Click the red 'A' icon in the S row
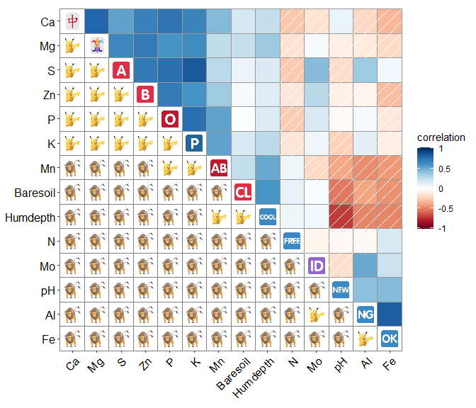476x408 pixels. (121, 70)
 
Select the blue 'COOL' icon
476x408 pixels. (268, 216)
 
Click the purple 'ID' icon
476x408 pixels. (317, 266)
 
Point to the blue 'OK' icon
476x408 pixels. (390, 338)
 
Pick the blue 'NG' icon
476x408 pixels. (365, 314)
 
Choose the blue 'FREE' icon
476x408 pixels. (292, 241)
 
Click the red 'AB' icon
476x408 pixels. (219, 168)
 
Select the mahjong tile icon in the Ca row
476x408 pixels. (72, 21)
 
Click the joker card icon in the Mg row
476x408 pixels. (97, 46)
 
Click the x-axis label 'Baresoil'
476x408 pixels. (234, 375)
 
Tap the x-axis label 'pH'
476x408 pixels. (341, 365)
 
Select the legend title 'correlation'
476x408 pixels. (441, 137)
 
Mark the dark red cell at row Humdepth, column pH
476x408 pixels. (341, 216)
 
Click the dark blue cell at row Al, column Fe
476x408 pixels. (390, 314)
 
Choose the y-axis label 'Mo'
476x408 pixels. (47, 266)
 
